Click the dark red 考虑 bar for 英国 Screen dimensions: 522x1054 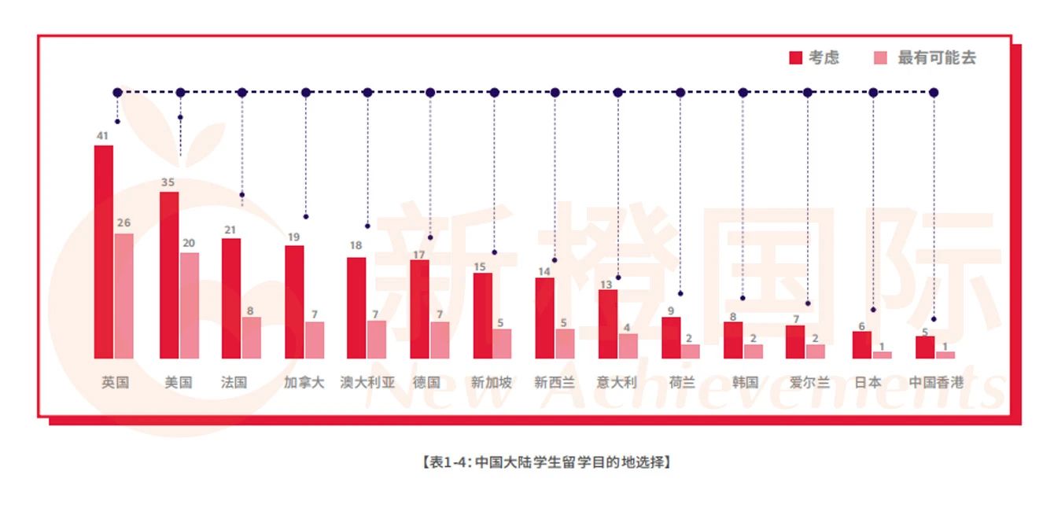104,252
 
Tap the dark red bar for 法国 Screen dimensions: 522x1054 231,299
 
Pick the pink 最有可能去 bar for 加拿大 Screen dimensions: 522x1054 315,340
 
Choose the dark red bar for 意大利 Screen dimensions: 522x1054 608,324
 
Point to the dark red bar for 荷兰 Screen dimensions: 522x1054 671,337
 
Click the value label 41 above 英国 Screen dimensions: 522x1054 102,136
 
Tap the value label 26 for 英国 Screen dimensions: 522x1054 123,223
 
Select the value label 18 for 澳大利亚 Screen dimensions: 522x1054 356,246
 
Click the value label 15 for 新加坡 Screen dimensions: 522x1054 480,267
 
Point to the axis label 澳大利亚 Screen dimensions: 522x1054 367,383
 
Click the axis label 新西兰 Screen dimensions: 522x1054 555,383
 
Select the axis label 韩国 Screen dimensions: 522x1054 744,383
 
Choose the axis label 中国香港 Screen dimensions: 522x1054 936,383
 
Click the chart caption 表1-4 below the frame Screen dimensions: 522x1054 546,462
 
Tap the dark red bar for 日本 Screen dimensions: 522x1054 862,344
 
